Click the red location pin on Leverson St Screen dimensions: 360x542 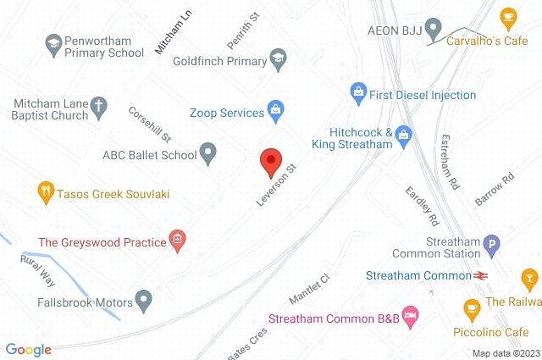click(x=270, y=159)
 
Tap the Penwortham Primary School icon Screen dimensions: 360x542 click(x=53, y=42)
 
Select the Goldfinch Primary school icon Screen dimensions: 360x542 click(x=277, y=59)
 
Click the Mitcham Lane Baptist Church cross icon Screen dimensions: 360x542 click(x=98, y=107)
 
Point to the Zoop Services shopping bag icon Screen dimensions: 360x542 click(x=274, y=108)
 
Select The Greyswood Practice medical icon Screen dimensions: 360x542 click(x=177, y=241)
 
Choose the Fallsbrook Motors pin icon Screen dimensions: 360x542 click(x=145, y=299)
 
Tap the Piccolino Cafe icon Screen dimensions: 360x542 click(x=472, y=307)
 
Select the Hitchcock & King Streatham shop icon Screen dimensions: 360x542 click(x=404, y=134)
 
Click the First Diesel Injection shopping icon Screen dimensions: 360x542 click(x=358, y=91)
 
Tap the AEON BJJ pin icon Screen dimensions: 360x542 click(x=433, y=27)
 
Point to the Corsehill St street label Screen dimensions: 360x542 click(x=151, y=123)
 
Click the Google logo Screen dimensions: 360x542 click(x=28, y=349)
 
